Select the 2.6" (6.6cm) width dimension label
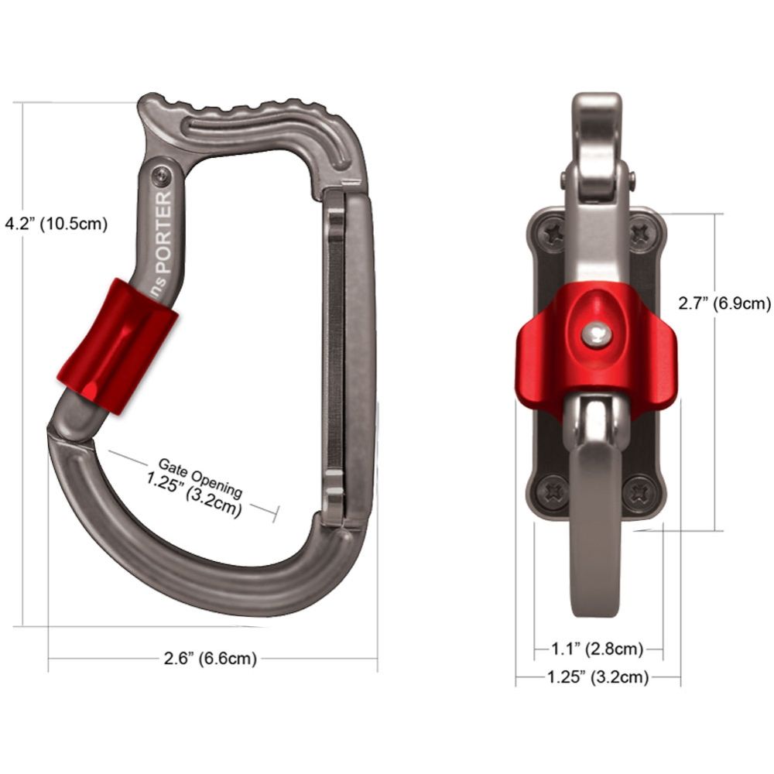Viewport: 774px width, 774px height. coord(210,659)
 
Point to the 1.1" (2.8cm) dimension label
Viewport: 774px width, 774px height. coord(598,648)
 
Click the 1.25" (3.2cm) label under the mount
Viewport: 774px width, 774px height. coord(598,677)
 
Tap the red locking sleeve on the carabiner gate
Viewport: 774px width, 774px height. coord(118,345)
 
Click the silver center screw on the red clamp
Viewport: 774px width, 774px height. coord(596,334)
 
